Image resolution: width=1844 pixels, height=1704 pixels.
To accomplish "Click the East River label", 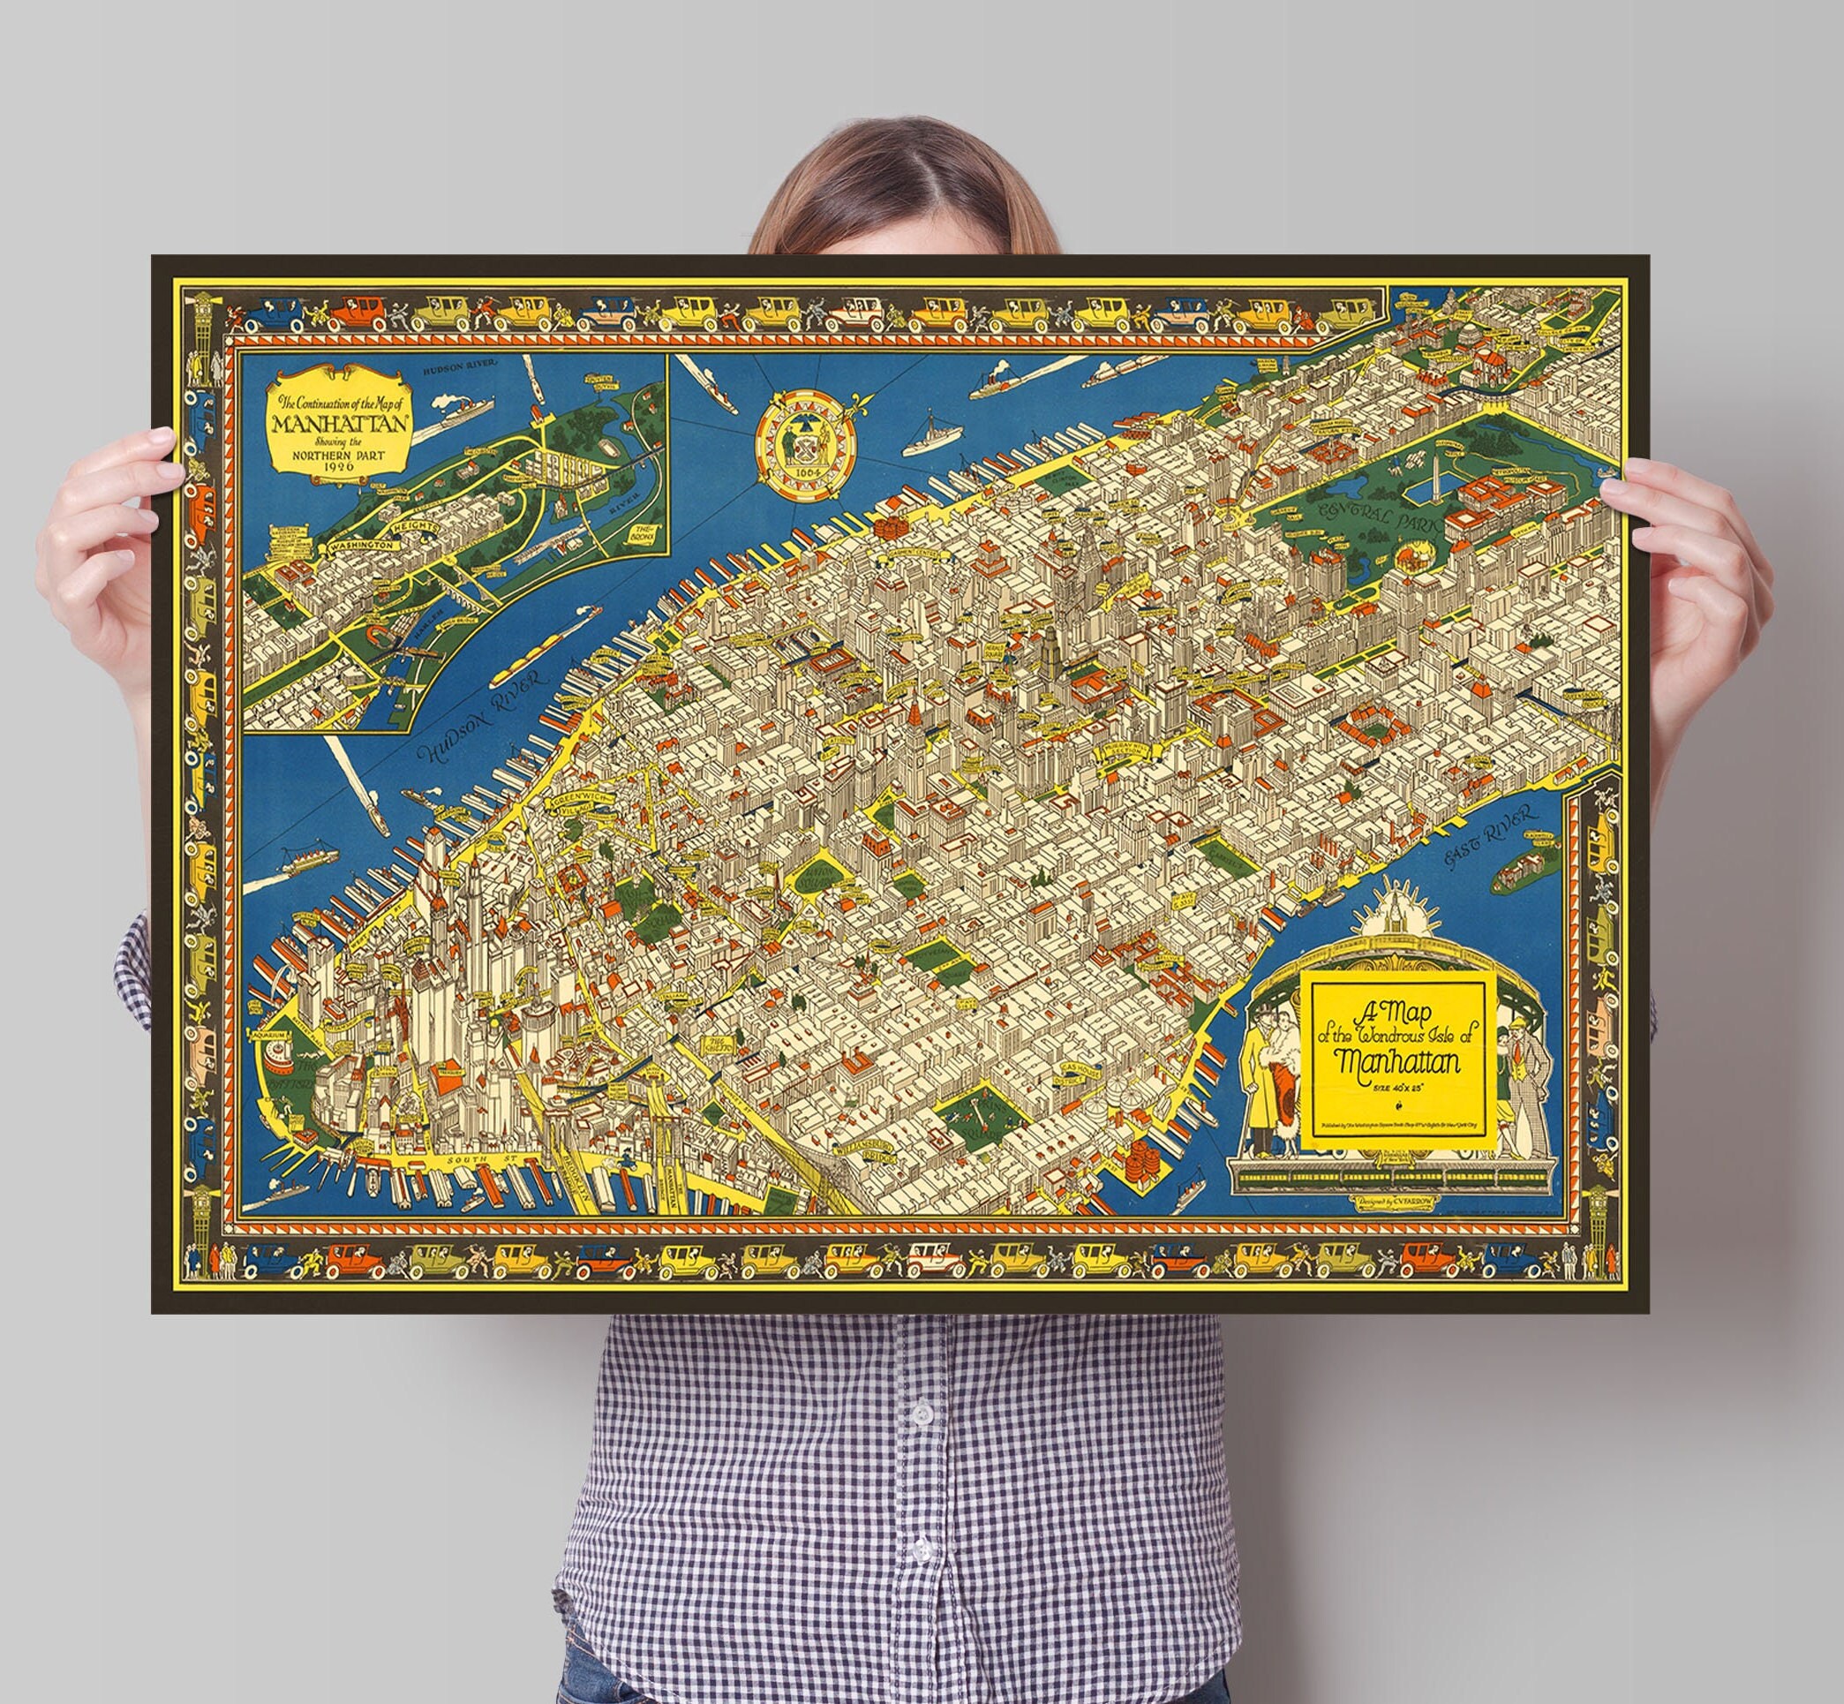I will pos(1492,837).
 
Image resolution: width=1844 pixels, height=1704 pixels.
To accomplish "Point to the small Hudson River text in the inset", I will pos(456,369).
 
